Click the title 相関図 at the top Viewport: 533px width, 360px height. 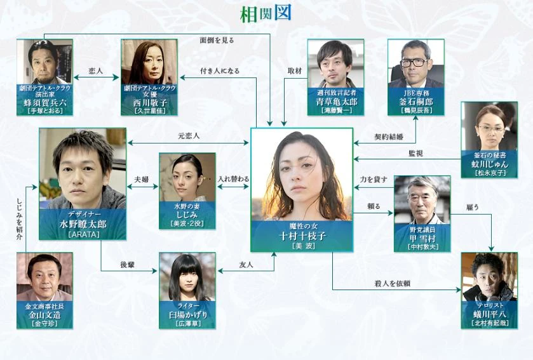click(x=266, y=13)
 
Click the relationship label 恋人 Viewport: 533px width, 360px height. click(x=97, y=71)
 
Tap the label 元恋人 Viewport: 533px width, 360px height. click(x=189, y=136)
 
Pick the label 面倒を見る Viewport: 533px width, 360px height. click(x=217, y=40)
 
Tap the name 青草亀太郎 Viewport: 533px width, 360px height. click(x=335, y=101)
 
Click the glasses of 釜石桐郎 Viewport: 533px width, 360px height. click(x=415, y=62)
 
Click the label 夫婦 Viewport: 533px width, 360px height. click(x=141, y=180)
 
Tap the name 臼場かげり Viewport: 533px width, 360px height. click(x=187, y=315)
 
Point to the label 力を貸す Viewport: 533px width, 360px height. click(x=374, y=180)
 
